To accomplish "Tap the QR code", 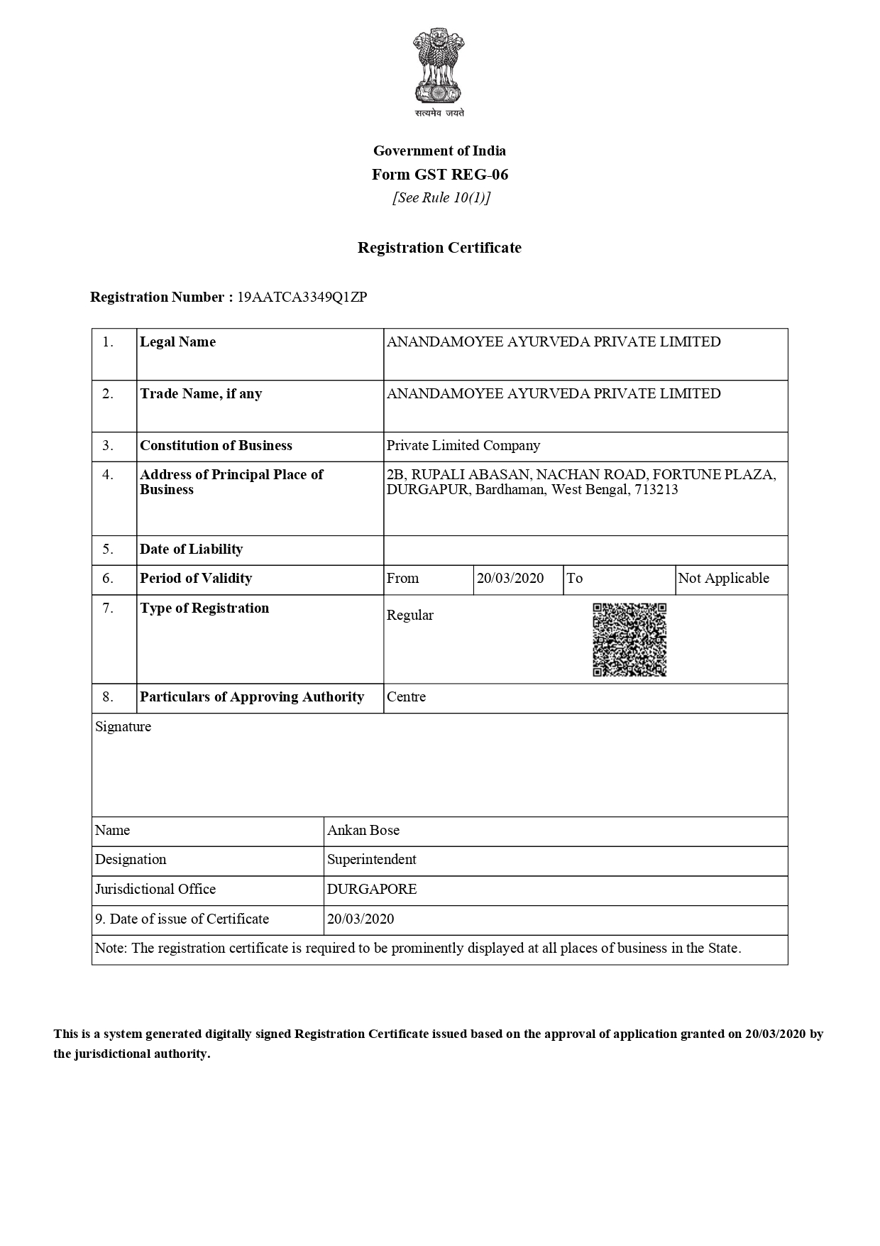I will click(629, 640).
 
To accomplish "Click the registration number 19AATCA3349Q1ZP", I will click(302, 297).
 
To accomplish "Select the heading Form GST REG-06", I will click(440, 175).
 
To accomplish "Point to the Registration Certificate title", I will click(439, 248).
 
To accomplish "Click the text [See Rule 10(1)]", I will click(441, 198).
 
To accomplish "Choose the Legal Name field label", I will click(177, 342).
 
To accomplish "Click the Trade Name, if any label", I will click(201, 394).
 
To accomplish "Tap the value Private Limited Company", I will click(463, 446).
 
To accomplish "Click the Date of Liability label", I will click(191, 550).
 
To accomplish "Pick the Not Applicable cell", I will click(723, 579).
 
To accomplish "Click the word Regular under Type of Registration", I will click(409, 616).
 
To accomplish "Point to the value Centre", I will click(406, 697).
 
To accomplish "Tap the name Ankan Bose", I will click(363, 831).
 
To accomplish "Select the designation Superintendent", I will click(372, 860).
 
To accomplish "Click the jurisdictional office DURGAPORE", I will click(372, 890).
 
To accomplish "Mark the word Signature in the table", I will click(123, 727).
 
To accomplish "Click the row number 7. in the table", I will click(108, 608).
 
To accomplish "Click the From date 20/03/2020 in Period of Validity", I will click(510, 579).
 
